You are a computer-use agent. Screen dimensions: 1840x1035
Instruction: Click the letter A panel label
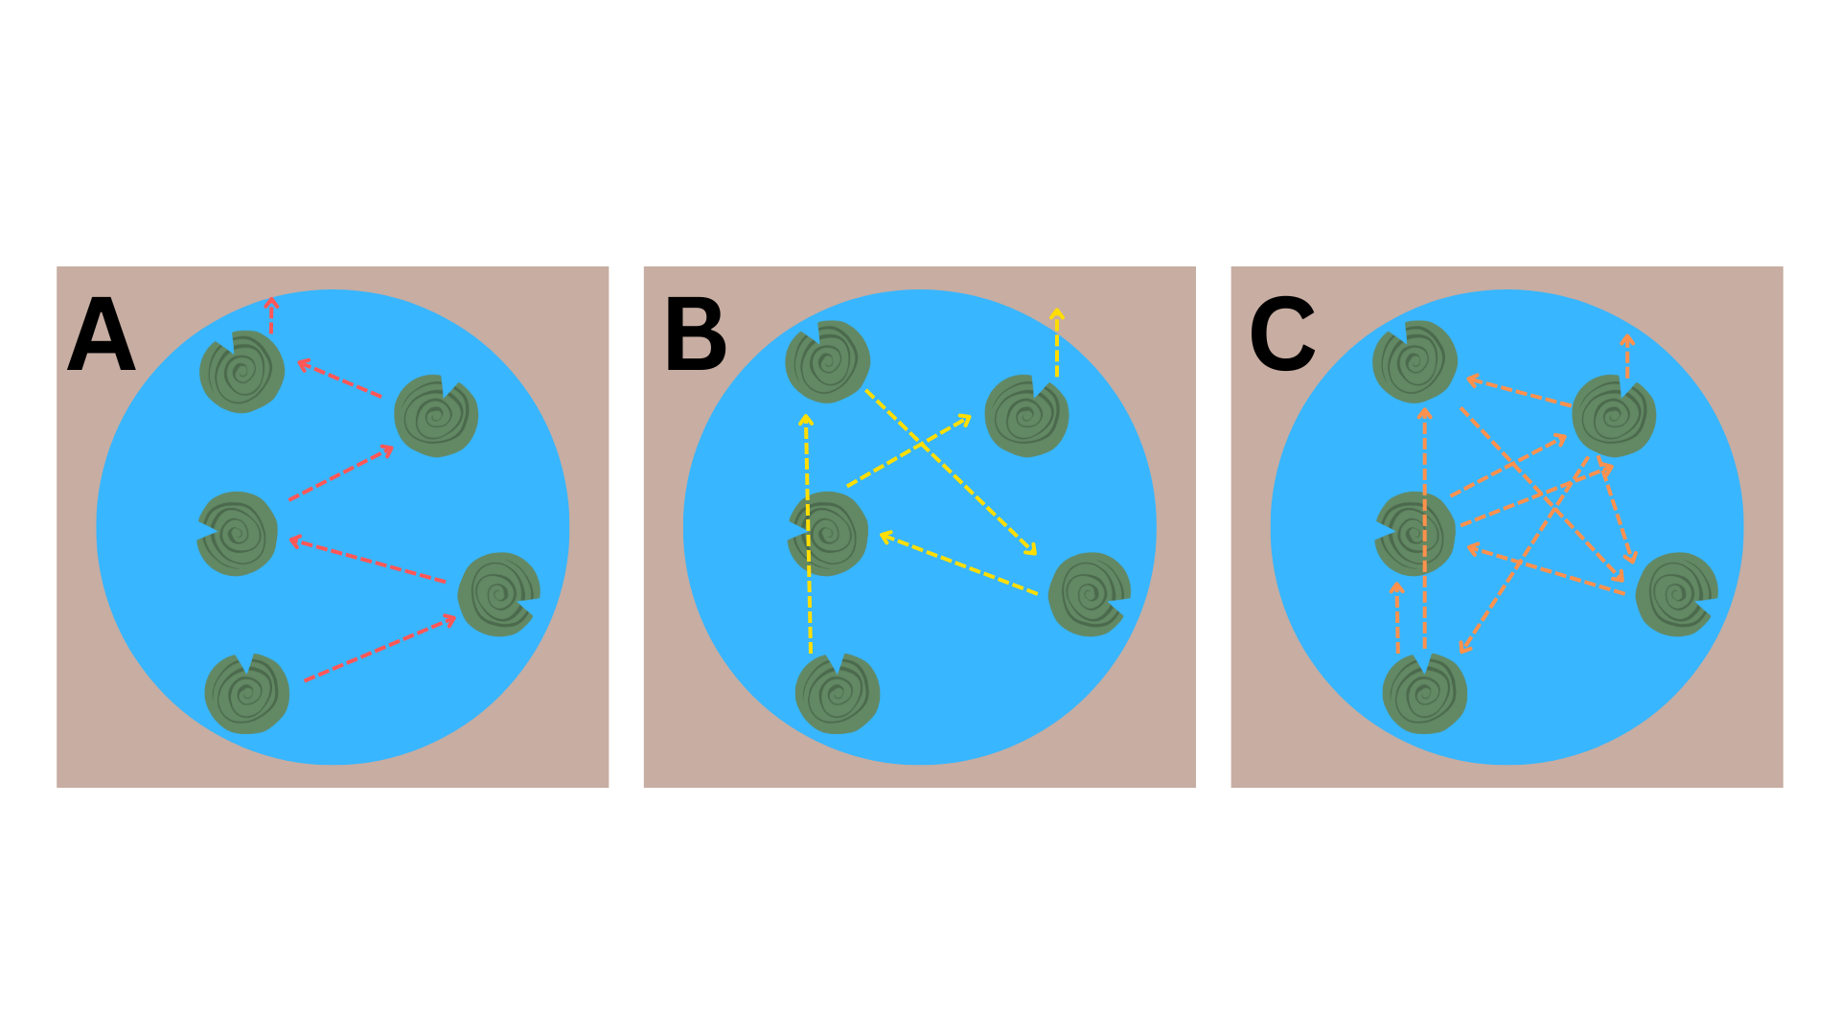pyautogui.click(x=102, y=334)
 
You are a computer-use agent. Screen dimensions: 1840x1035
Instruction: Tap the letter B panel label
pyautogui.click(x=696, y=334)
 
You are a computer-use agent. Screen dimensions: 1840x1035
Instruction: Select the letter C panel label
pyautogui.click(x=1282, y=334)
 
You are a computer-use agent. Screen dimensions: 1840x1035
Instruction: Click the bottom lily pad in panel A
pyautogui.click(x=247, y=694)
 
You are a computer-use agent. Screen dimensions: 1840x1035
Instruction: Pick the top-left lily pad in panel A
pyautogui.click(x=241, y=372)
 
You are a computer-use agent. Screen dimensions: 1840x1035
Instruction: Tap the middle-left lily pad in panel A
pyautogui.click(x=238, y=534)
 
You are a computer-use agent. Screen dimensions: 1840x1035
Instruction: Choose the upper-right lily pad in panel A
pyautogui.click(x=437, y=416)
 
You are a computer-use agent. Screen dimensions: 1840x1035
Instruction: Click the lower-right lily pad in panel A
pyautogui.click(x=499, y=594)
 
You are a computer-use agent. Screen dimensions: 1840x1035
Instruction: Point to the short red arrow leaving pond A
pyautogui.click(x=271, y=315)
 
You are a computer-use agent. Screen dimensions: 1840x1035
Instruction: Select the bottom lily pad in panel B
pyautogui.click(x=838, y=694)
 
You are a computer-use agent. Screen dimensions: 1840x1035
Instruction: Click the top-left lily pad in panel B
pyautogui.click(x=828, y=361)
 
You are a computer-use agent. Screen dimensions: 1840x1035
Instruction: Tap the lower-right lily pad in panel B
pyautogui.click(x=1090, y=594)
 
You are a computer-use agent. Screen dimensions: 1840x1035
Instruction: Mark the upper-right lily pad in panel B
pyautogui.click(x=1026, y=416)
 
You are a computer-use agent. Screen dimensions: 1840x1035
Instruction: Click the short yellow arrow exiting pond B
pyautogui.click(x=1057, y=342)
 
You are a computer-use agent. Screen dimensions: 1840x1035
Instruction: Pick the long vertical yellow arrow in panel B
pyautogui.click(x=808, y=534)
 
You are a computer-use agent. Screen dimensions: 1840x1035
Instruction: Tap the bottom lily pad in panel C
pyautogui.click(x=1425, y=694)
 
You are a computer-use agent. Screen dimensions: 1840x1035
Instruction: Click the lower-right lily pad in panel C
pyautogui.click(x=1677, y=594)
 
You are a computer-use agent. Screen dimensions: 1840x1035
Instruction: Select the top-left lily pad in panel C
pyautogui.click(x=1415, y=361)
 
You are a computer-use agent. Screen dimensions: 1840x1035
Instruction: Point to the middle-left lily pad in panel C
pyautogui.click(x=1415, y=534)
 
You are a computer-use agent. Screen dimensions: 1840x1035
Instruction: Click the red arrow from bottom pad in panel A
pyautogui.click(x=379, y=649)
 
